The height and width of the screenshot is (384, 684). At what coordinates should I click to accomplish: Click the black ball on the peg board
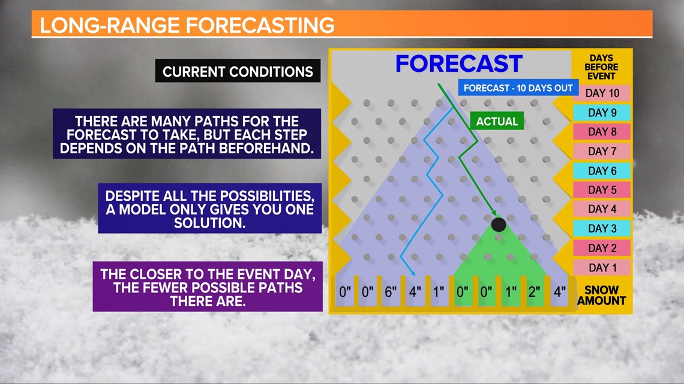click(498, 224)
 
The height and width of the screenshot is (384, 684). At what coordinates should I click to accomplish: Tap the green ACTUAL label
click(497, 121)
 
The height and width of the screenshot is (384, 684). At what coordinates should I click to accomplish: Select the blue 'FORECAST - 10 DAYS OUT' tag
click(518, 88)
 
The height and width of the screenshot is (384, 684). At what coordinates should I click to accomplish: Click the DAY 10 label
click(602, 93)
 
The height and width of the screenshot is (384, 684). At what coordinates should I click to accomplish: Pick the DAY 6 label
click(602, 171)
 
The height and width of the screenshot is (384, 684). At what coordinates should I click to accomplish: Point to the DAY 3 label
click(602, 229)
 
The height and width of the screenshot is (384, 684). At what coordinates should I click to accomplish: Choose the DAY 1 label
click(602, 267)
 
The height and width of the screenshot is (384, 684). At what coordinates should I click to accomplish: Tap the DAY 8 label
click(602, 132)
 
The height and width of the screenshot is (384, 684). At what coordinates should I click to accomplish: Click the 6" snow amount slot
click(391, 291)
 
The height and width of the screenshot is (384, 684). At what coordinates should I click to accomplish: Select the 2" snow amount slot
click(534, 291)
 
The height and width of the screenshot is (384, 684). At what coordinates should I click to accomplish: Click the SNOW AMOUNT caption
click(602, 295)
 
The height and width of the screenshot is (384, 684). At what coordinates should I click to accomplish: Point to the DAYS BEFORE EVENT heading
click(601, 67)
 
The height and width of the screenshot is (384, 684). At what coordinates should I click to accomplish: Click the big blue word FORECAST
click(459, 64)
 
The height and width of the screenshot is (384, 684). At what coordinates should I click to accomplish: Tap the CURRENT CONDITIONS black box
click(238, 71)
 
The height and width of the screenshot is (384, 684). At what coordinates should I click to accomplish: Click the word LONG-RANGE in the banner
click(109, 25)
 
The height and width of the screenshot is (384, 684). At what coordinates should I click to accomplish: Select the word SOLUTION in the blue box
click(209, 223)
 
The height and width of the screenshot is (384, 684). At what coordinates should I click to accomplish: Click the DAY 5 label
click(602, 190)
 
